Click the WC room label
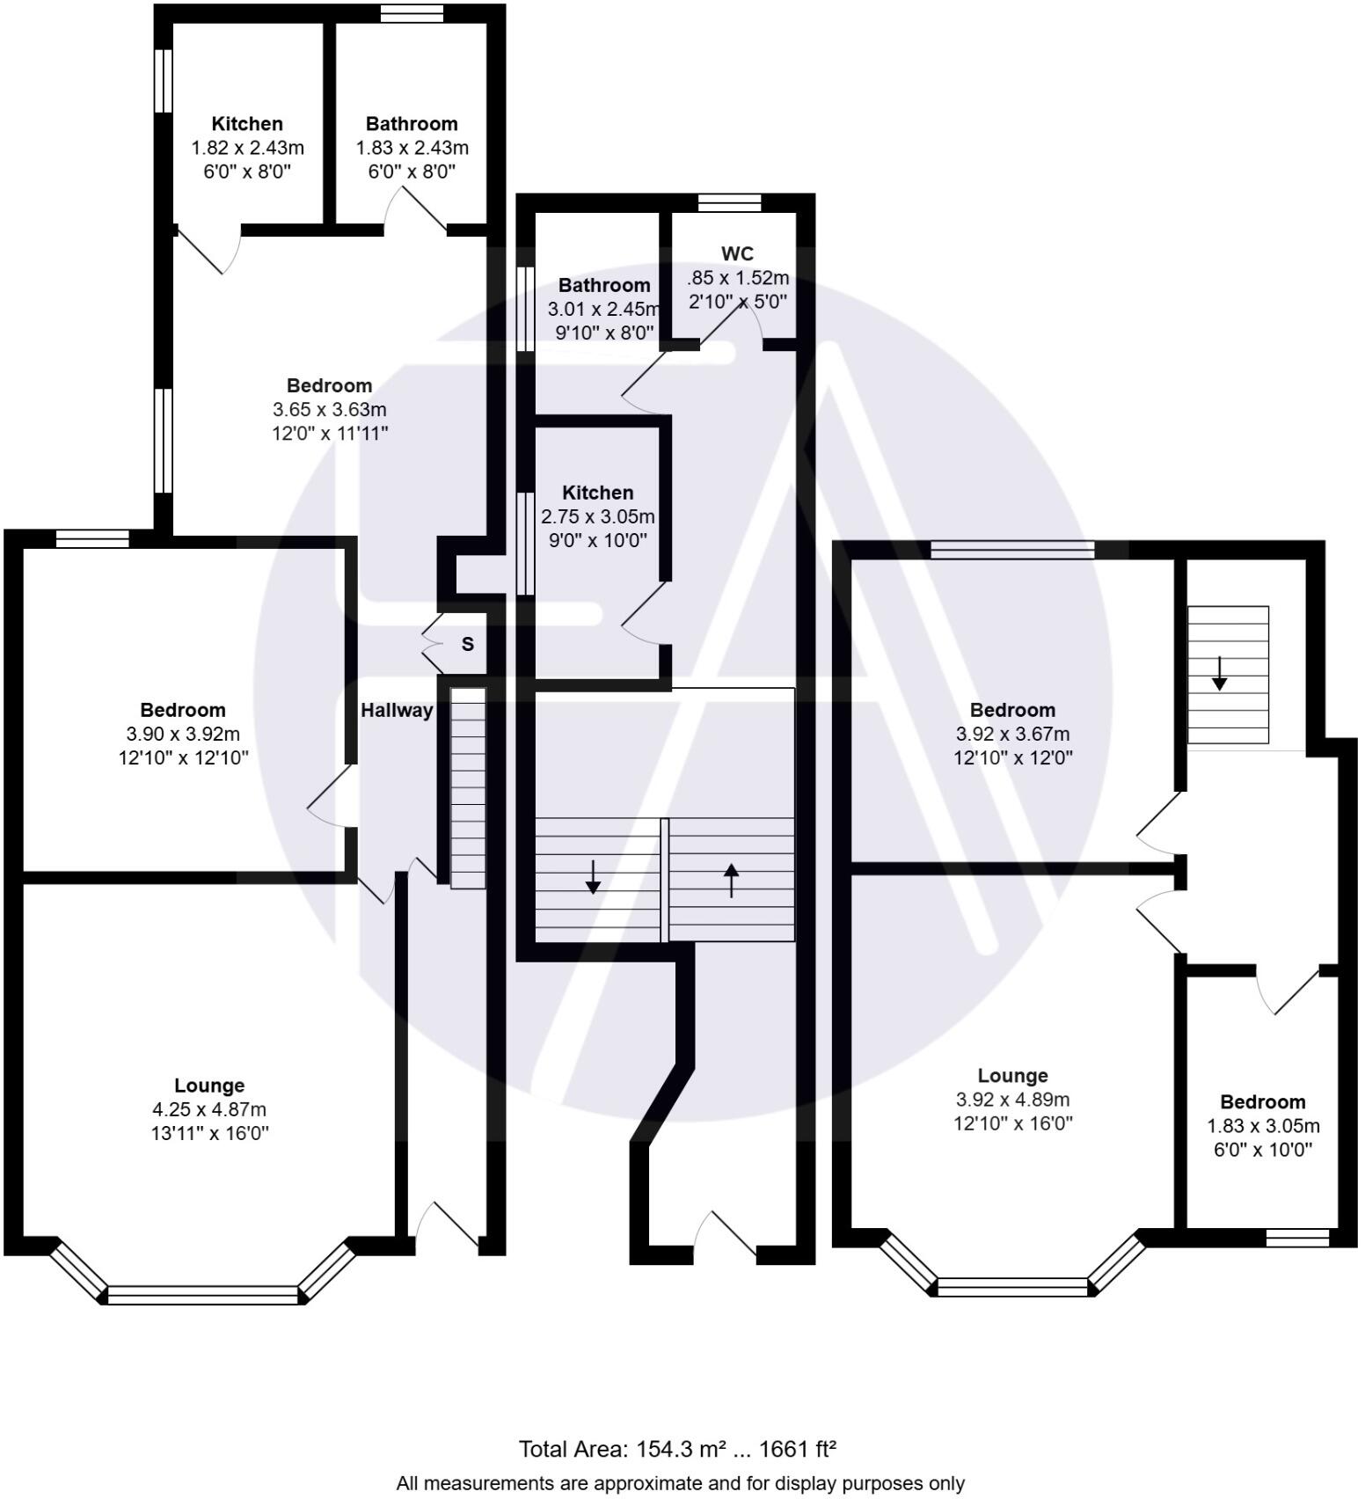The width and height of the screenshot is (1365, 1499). [x=737, y=254]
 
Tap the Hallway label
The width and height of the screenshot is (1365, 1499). [x=397, y=710]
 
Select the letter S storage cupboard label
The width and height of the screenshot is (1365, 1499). [x=468, y=644]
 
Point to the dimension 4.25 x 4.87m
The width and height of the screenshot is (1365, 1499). [x=208, y=1109]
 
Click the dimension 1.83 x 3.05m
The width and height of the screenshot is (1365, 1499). [x=1263, y=1126]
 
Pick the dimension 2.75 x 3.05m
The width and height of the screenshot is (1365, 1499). [x=598, y=516]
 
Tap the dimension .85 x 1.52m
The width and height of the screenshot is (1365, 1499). [x=737, y=278]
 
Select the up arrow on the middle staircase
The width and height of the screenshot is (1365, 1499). [x=731, y=880]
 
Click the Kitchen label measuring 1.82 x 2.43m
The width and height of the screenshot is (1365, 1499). [x=247, y=124]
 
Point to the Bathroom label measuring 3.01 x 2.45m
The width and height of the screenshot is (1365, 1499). [x=604, y=285]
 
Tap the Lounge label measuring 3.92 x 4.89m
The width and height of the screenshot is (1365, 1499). [x=1012, y=1076]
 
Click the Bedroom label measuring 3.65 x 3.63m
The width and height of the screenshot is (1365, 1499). [x=330, y=385]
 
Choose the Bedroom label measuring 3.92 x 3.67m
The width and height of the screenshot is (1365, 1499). [x=1012, y=710]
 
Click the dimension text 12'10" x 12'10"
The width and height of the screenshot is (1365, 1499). [x=184, y=757]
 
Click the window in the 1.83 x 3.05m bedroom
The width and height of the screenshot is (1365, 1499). [x=1297, y=1238]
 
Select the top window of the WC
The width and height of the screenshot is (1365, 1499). [x=729, y=202]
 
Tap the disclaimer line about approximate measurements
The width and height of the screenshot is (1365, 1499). [x=680, y=1483]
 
